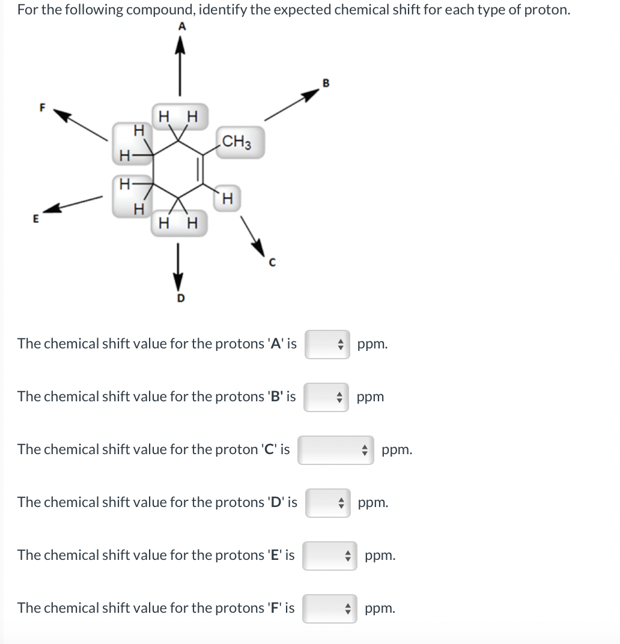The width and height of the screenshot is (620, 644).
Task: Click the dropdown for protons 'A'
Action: [x=327, y=344]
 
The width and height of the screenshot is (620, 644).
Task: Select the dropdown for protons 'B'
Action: [x=326, y=397]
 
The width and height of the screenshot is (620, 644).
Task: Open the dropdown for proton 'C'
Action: [x=335, y=450]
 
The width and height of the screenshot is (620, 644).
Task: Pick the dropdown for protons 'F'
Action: [x=330, y=608]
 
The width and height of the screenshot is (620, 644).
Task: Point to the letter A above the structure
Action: [x=182, y=26]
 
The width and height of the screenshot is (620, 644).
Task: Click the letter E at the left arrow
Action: [x=35, y=219]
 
